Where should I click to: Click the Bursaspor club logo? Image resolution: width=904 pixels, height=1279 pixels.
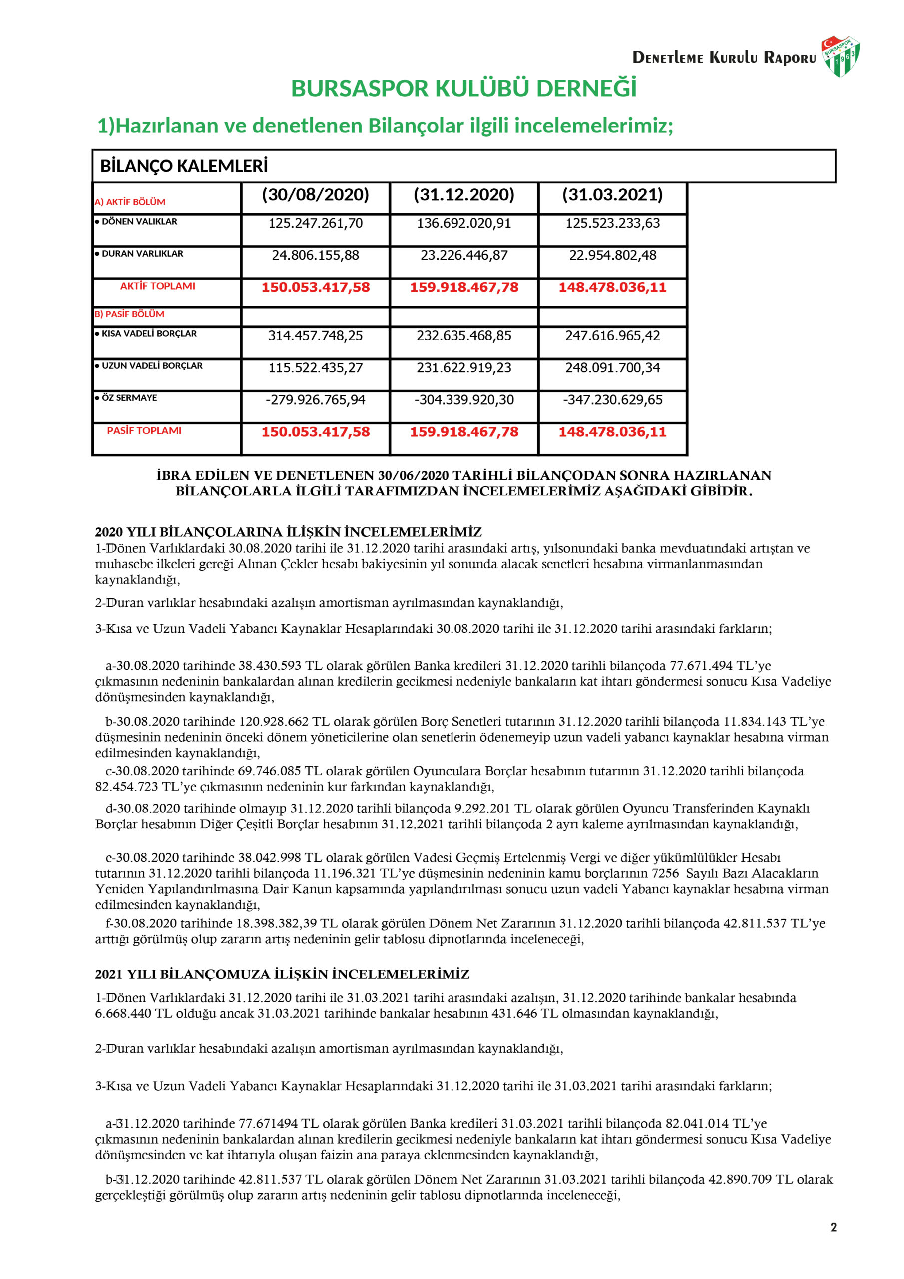pyautogui.click(x=840, y=56)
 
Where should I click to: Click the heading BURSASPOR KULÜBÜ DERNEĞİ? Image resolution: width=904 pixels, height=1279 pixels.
pyautogui.click(x=463, y=89)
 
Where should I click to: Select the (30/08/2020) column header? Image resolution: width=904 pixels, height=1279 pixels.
pyautogui.click(x=315, y=195)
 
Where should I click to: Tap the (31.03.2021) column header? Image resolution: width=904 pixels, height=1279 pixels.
pyautogui.click(x=612, y=195)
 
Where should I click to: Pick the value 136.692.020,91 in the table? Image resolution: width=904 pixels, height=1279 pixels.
pyautogui.click(x=463, y=223)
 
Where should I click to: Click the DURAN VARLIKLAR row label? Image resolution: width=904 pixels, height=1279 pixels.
pyautogui.click(x=142, y=254)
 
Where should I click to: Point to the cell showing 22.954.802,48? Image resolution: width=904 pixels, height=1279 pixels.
pyautogui.click(x=612, y=256)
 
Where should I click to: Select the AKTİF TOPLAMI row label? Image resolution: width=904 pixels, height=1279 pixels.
pyautogui.click(x=158, y=286)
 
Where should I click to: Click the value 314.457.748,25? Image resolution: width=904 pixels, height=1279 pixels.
pyautogui.click(x=315, y=336)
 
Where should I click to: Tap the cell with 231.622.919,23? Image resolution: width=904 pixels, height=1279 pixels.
pyautogui.click(x=463, y=368)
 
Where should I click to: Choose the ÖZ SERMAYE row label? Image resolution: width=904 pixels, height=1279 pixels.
pyautogui.click(x=129, y=398)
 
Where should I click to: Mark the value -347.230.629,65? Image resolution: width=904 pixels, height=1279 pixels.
pyautogui.click(x=612, y=400)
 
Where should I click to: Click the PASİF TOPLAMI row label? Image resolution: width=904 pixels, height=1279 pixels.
pyautogui.click(x=144, y=431)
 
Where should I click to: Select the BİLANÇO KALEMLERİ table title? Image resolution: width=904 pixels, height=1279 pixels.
pyautogui.click(x=184, y=166)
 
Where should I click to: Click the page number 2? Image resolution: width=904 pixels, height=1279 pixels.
pyautogui.click(x=833, y=1227)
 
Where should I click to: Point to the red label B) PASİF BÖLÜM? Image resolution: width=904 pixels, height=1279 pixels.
pyautogui.click(x=130, y=314)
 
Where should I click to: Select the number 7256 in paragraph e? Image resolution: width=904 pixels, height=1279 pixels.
pyautogui.click(x=665, y=873)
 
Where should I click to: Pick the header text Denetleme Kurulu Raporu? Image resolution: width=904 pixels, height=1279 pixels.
pyautogui.click(x=724, y=58)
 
